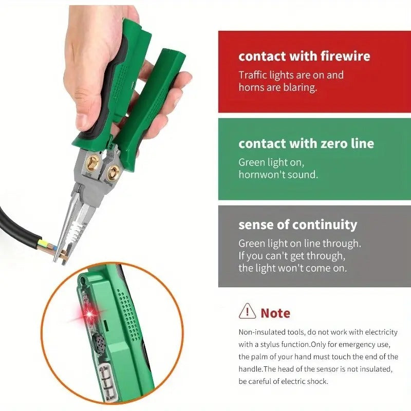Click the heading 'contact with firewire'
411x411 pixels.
[304, 56]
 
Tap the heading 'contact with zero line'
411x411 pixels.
[306, 144]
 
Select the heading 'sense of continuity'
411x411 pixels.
[297, 225]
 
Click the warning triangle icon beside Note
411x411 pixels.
[248, 311]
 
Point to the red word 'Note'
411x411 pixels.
[275, 313]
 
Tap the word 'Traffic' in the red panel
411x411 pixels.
[253, 75]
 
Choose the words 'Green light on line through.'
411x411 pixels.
[300, 243]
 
